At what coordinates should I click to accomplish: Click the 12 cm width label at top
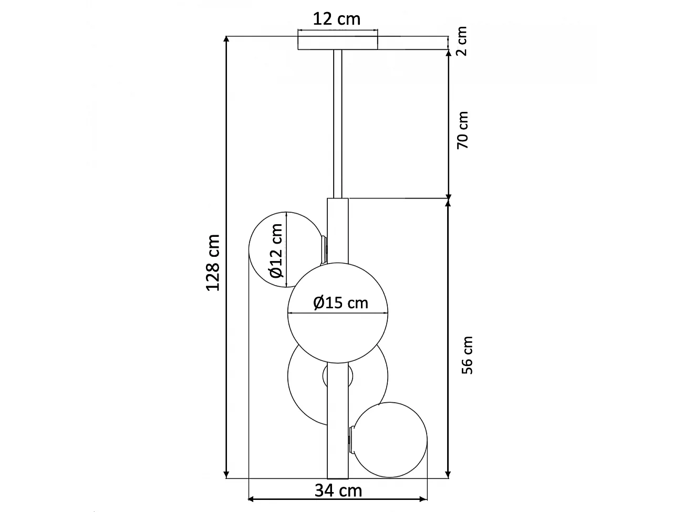(x=337, y=19)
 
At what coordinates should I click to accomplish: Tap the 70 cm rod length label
(x=462, y=130)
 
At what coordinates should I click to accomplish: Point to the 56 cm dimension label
(x=467, y=355)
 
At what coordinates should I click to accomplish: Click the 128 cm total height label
(x=212, y=263)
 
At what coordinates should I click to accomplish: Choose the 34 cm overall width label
(x=338, y=490)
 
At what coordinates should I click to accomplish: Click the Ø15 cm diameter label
(x=340, y=302)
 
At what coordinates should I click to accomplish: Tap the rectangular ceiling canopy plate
(x=337, y=43)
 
